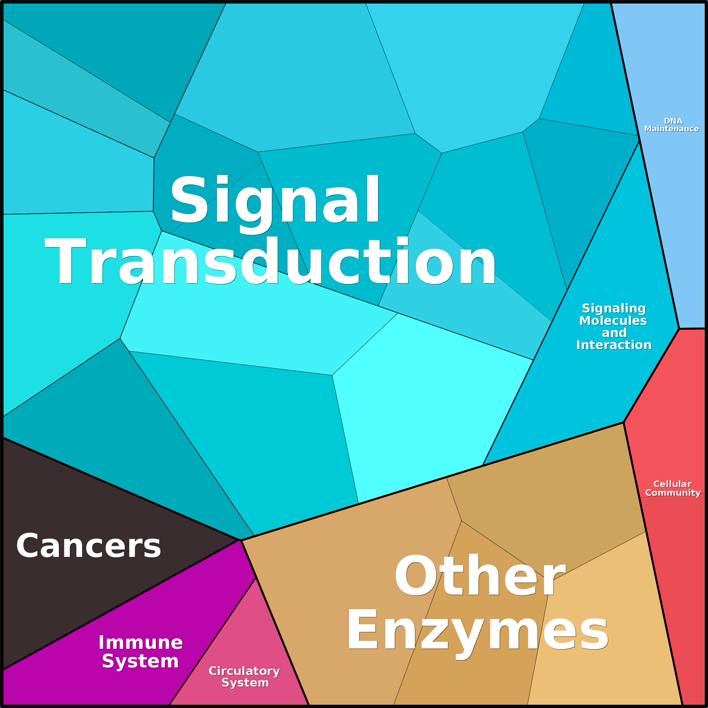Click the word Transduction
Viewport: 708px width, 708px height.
271,261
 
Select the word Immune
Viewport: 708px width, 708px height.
141,643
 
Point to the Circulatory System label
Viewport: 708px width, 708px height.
244,677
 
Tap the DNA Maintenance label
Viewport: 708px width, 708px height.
671,125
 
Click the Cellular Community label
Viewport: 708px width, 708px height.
673,488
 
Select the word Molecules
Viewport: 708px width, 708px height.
613,321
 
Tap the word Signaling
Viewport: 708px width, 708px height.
614,309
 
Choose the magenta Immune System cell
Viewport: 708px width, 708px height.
121,645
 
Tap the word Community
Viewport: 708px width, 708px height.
673,493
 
